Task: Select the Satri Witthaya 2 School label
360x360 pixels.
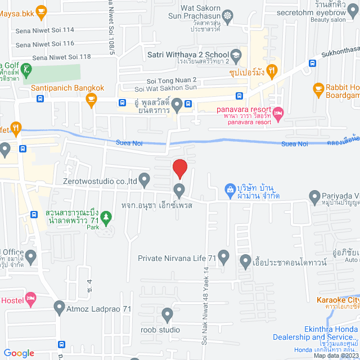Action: tap(187, 55)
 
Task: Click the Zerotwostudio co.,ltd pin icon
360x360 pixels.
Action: tap(145, 181)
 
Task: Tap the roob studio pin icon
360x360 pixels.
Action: tap(167, 314)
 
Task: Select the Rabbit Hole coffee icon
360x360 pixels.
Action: tap(318, 88)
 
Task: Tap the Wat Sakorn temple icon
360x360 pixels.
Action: tap(228, 15)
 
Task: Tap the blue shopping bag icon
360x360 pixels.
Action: tap(229, 190)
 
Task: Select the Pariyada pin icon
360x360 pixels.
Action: tap(314, 196)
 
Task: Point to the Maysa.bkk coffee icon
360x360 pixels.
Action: tap(40, 10)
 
